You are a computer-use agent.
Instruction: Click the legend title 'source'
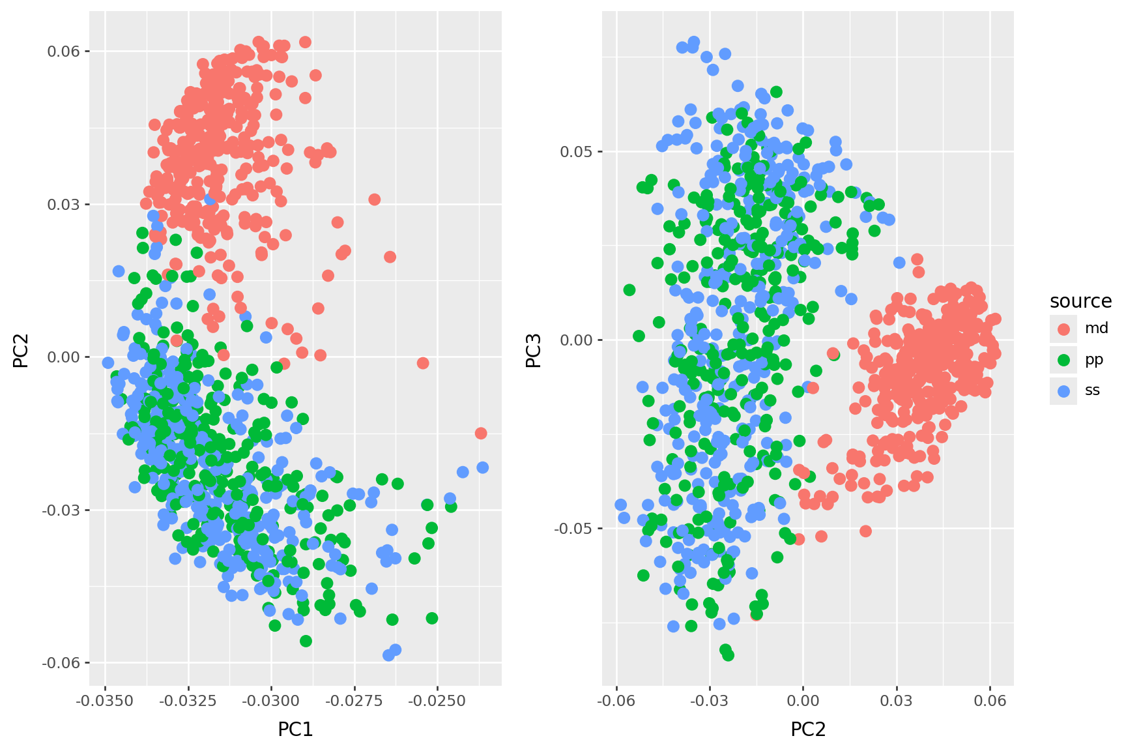pos(1080,301)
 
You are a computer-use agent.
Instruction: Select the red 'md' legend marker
pos(1063,329)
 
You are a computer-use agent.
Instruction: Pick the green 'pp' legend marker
pos(1063,360)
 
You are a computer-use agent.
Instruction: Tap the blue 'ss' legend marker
pos(1063,390)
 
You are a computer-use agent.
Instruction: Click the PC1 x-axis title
pos(295,729)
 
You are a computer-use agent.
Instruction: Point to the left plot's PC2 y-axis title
pos(22,351)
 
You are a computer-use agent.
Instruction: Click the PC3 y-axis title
pos(534,351)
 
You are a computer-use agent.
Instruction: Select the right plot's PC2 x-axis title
pos(808,729)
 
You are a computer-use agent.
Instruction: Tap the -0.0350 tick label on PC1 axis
pos(105,701)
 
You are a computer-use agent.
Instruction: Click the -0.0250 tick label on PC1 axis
pos(437,701)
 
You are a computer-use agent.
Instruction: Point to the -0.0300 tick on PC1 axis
pos(271,701)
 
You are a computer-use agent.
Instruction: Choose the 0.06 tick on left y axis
pos(67,51)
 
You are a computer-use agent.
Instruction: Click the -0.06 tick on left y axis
pos(65,663)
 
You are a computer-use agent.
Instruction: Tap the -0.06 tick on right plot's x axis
pos(616,701)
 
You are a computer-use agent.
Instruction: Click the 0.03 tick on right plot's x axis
pos(897,701)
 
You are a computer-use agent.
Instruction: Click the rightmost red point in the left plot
pos(481,434)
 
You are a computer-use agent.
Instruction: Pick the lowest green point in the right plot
pos(728,655)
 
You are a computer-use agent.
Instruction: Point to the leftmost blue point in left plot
pos(108,362)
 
